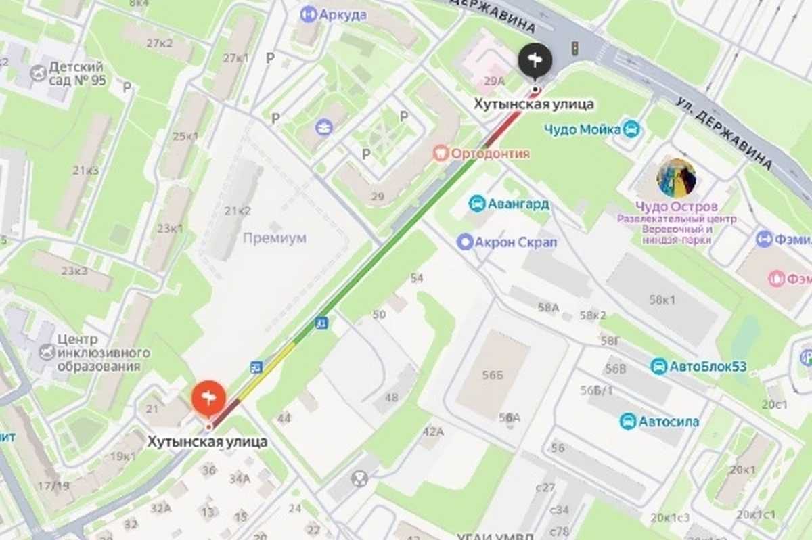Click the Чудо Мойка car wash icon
pos(631,129)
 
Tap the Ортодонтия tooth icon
pos(441,154)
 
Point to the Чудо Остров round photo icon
pos(676,178)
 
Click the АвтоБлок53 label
pos(707,367)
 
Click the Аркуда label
pos(343,14)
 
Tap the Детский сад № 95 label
pos(76,74)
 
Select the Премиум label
pos(274,238)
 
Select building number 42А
pos(433,431)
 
